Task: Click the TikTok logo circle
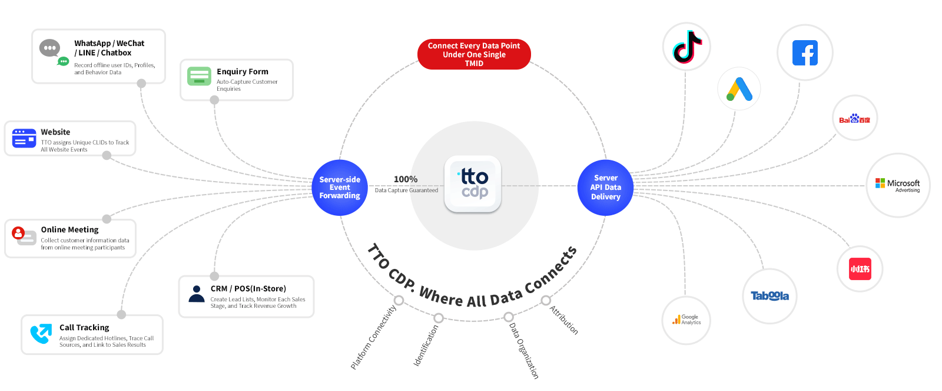(x=686, y=47)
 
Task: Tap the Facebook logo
(x=805, y=53)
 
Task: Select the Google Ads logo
(x=739, y=89)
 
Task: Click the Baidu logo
(x=855, y=119)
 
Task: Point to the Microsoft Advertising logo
(x=898, y=185)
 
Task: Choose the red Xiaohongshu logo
(x=860, y=269)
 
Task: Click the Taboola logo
(x=769, y=296)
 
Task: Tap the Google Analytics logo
(x=686, y=320)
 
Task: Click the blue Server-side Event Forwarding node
(x=340, y=188)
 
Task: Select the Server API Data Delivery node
(x=605, y=188)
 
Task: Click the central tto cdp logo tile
(x=473, y=184)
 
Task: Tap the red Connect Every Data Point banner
(x=474, y=54)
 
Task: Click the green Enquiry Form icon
(x=199, y=76)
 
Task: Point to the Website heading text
(x=55, y=132)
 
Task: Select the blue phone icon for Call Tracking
(x=41, y=334)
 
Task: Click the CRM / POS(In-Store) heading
(x=248, y=288)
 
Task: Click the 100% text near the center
(x=406, y=179)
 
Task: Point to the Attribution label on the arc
(x=564, y=320)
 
